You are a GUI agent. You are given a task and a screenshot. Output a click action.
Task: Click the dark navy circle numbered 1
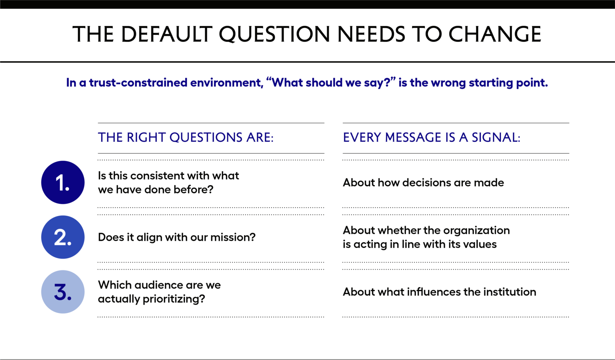click(x=63, y=182)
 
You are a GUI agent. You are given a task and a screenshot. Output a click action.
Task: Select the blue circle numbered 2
click(x=63, y=237)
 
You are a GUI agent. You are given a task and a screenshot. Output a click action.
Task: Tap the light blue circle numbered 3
click(x=63, y=292)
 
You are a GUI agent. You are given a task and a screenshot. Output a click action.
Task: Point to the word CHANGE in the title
click(x=495, y=34)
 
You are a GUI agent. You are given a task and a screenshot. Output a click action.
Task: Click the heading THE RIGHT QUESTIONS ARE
click(x=186, y=138)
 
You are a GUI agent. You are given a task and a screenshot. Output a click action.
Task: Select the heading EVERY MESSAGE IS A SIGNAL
click(x=432, y=138)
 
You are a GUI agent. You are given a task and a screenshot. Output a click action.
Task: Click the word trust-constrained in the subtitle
click(x=138, y=83)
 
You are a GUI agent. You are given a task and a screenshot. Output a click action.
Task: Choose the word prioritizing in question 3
click(x=174, y=299)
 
